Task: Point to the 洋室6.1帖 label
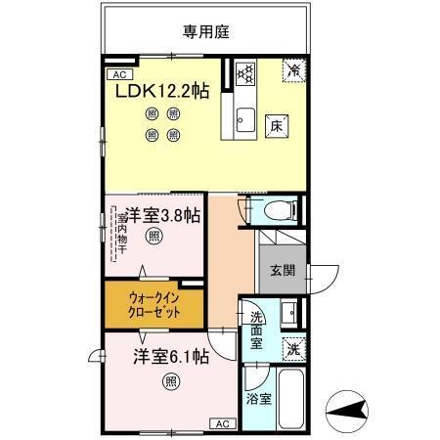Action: (172, 357)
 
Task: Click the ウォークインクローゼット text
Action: (153, 305)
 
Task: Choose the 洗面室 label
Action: (255, 330)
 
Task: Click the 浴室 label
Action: (258, 399)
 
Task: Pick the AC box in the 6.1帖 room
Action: (221, 423)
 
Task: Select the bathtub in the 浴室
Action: (290, 398)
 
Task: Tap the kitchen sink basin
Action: (244, 120)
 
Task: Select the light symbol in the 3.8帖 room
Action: (152, 236)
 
